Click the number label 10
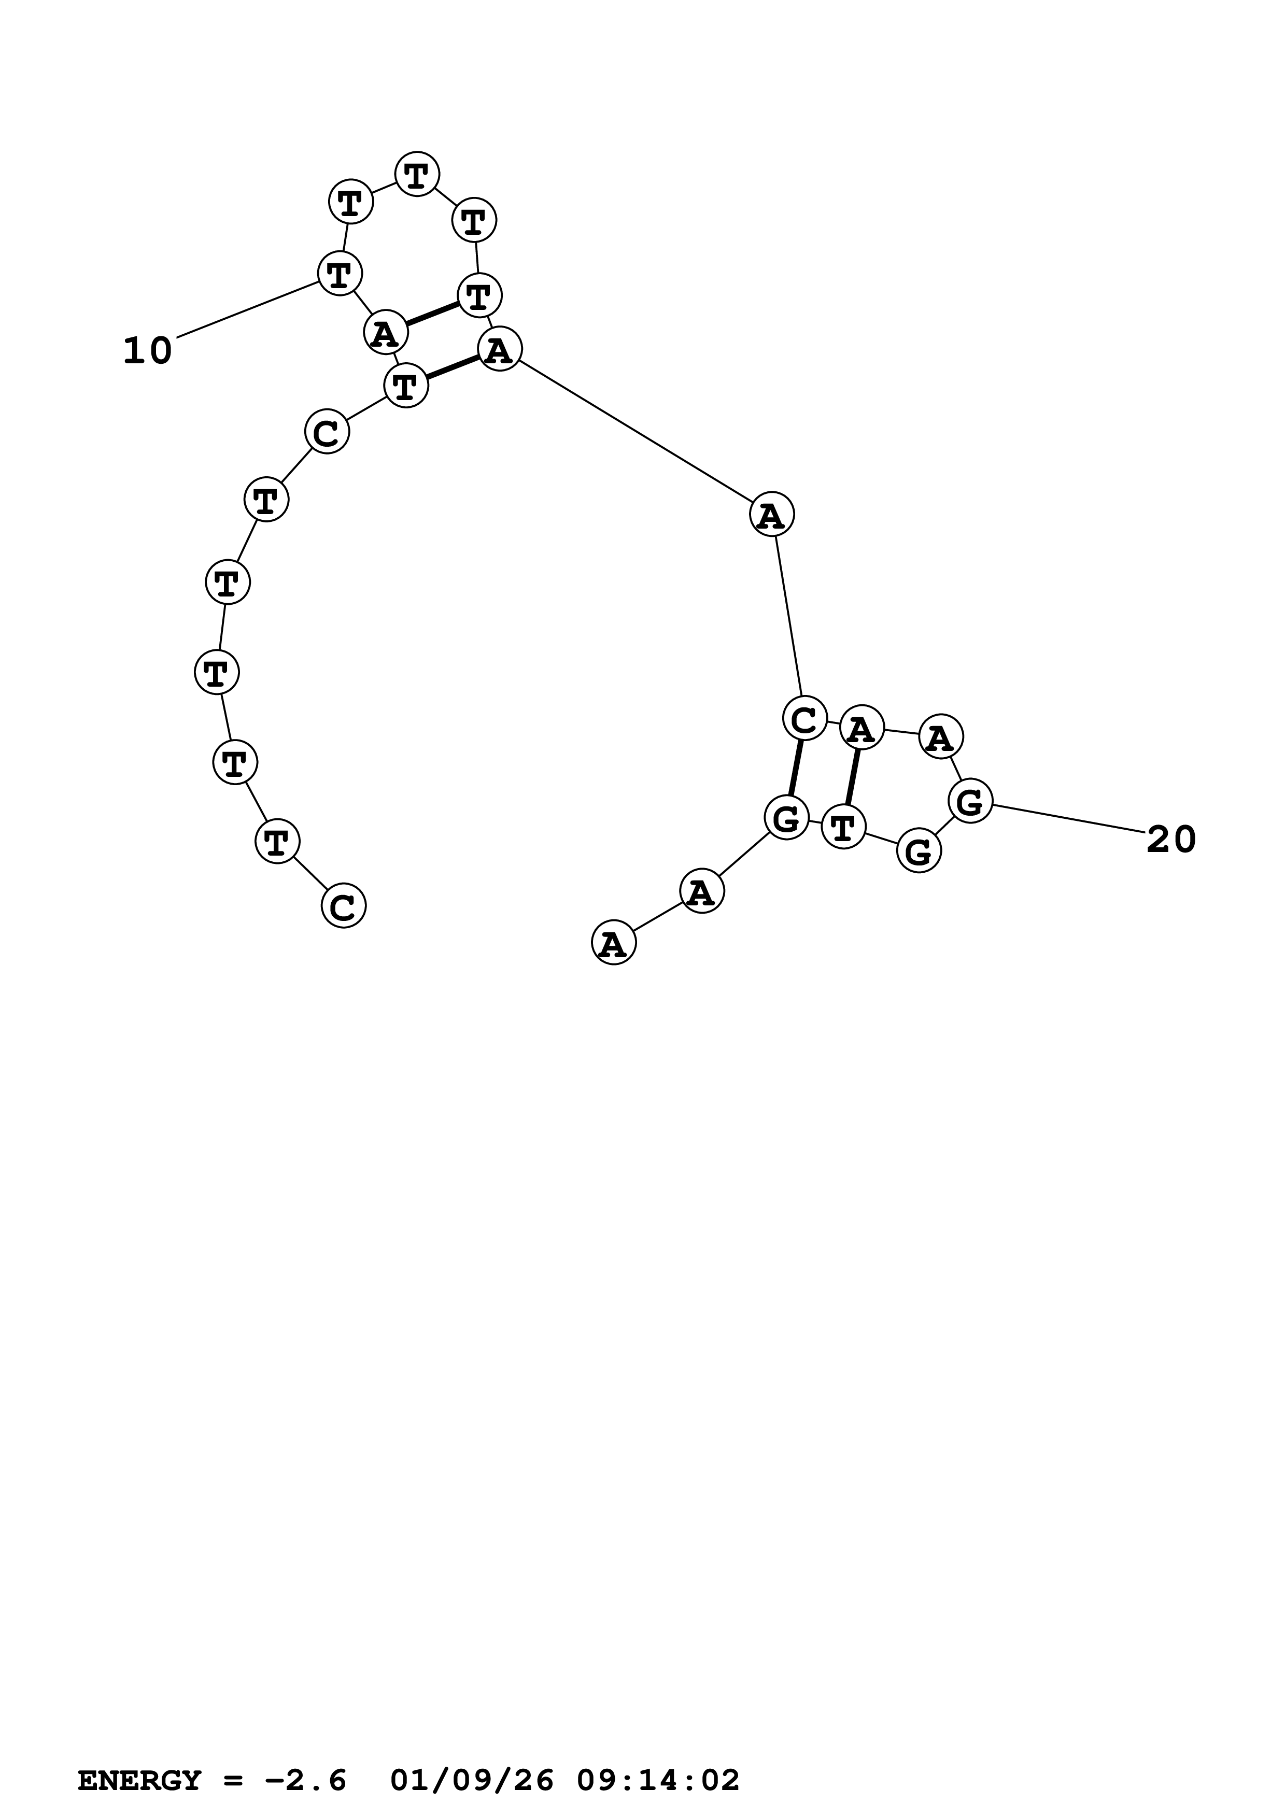point(147,351)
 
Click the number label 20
point(1171,840)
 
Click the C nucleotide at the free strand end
point(343,906)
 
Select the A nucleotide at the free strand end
point(614,943)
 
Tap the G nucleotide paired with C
point(786,818)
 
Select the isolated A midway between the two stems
point(771,515)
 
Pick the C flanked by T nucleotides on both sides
point(326,432)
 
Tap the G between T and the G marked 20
point(919,852)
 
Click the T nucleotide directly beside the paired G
point(843,828)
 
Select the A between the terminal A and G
point(701,891)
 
